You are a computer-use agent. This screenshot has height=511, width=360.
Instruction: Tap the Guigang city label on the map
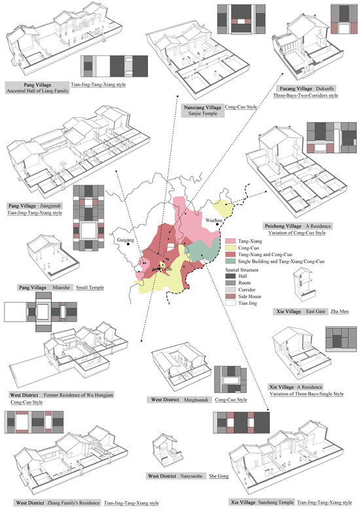(124, 240)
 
